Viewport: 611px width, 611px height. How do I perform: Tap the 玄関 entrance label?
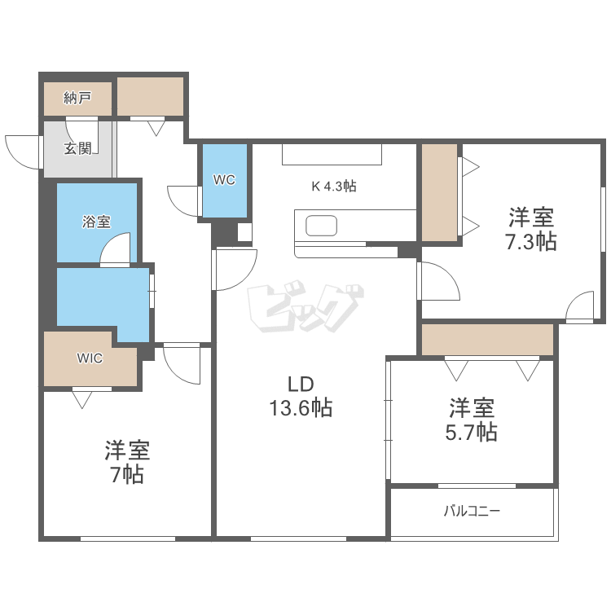(78, 148)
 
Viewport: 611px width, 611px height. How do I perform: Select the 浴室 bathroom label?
(96, 221)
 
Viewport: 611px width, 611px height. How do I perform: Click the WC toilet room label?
(224, 180)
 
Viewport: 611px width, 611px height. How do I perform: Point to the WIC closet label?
(90, 358)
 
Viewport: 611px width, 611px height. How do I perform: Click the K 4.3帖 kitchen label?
(334, 186)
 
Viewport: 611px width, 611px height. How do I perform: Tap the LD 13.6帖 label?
(301, 396)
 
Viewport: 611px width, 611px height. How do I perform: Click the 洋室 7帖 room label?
(127, 462)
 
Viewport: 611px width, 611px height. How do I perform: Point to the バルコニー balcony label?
(472, 512)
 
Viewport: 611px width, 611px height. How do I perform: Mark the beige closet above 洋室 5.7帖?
(487, 339)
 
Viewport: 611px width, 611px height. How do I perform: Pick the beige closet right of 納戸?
(151, 97)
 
